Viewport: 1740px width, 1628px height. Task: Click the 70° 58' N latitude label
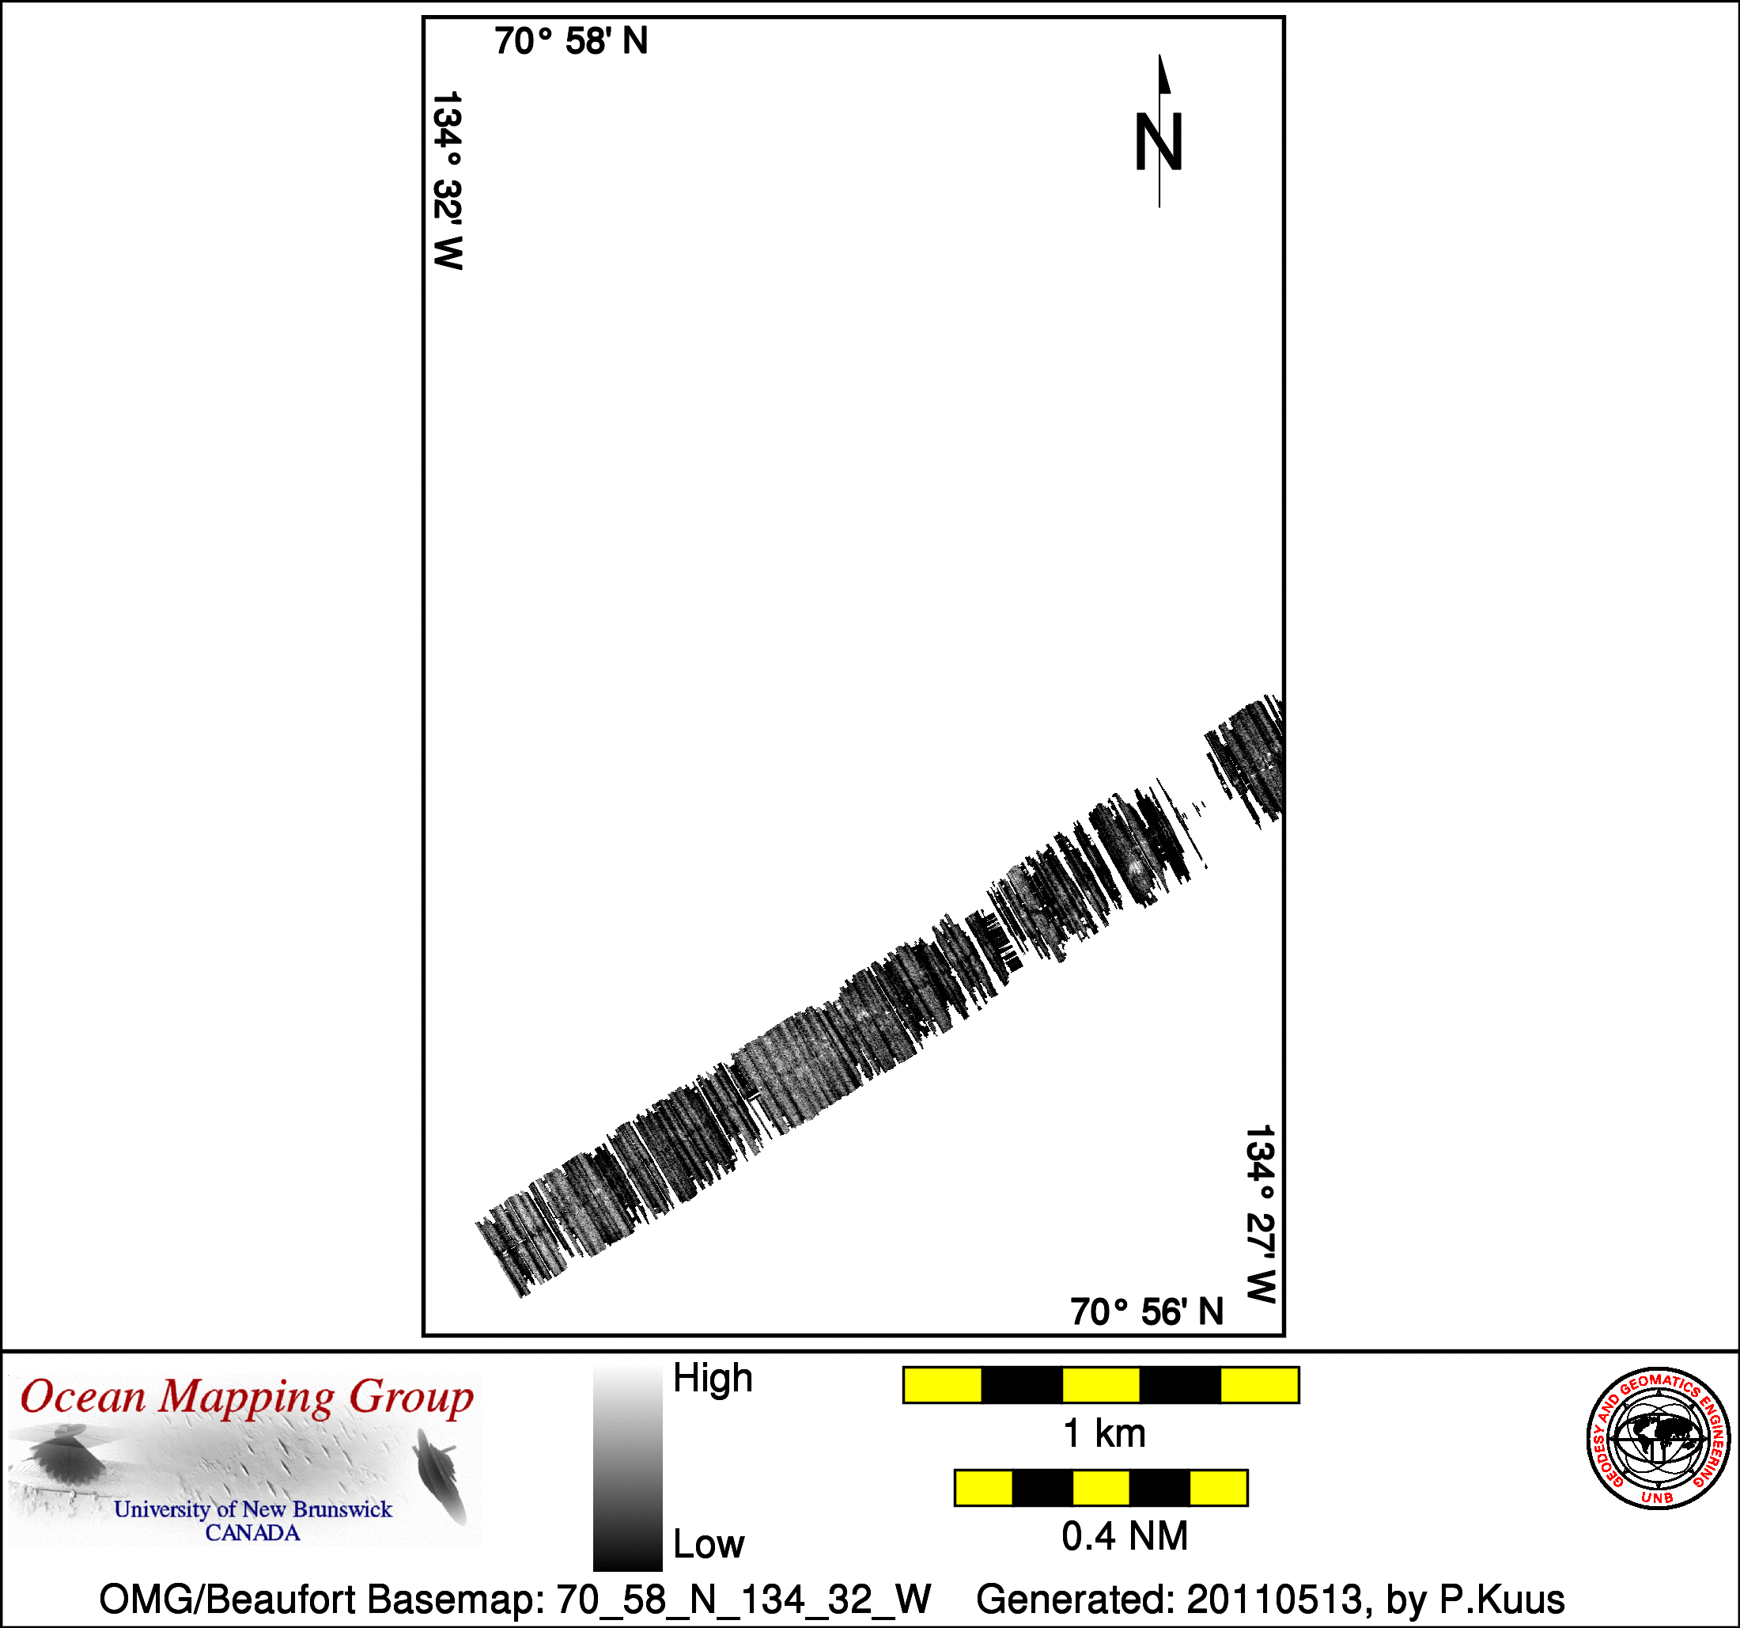pos(571,41)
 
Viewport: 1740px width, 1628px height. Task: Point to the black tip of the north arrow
pos(1160,56)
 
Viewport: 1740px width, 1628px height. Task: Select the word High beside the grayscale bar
pos(713,1379)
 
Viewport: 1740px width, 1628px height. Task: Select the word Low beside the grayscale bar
pos(708,1544)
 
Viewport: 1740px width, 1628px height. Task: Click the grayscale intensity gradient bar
pos(627,1469)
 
